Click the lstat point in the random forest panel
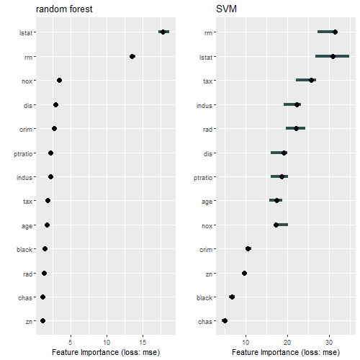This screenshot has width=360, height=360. tap(163, 32)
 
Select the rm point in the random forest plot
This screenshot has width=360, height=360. tap(132, 56)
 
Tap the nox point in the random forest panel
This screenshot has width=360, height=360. tap(59, 80)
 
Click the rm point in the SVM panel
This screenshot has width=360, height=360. tap(335, 32)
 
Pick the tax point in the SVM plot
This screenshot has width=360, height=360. tap(311, 80)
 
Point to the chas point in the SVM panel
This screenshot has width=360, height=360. tap(225, 320)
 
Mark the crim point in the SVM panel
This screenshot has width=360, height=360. tap(248, 248)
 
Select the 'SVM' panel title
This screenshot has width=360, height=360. tap(225, 9)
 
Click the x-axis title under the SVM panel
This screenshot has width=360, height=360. tap(286, 351)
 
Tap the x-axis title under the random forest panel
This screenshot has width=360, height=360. tap(106, 351)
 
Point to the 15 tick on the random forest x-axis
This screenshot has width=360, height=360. tap(143, 340)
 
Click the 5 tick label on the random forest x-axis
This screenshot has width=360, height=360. tap(71, 340)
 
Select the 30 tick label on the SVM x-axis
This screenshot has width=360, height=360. tap(330, 340)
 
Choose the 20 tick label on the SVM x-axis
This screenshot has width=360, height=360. tap(287, 340)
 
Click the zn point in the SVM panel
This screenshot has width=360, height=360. tap(244, 273)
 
